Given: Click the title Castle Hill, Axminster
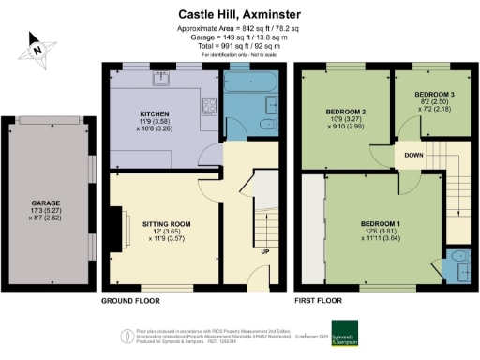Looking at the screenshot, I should coord(239,15).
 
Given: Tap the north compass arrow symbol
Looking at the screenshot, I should coord(36,49).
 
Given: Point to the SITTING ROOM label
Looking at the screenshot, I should coord(167,224).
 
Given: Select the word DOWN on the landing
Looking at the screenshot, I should coord(413,154).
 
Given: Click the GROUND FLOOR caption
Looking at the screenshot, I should coord(129,302).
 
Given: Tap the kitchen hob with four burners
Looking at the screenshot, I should coord(211,104).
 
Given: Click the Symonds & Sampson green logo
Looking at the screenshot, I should coord(348,337).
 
